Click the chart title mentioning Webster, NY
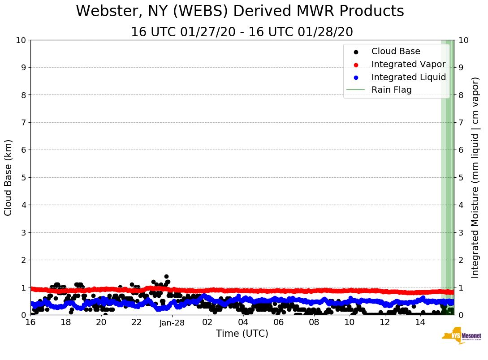coord(240,12)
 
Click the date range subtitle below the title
coord(242,32)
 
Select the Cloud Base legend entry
coord(395,51)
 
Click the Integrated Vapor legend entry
coord(408,64)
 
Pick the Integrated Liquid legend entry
coord(408,77)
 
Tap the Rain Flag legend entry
coord(391,90)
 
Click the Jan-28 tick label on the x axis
coord(172,322)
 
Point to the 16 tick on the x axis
coord(30,322)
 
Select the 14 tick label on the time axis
coord(420,322)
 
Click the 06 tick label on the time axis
coord(278,322)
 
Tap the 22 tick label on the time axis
coord(137,322)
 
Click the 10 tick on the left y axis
coord(21,40)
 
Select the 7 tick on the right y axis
coord(462,123)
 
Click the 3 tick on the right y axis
coord(462,232)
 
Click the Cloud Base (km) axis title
coord(9,177)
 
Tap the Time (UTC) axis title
coord(242,334)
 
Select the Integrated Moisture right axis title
coord(475,177)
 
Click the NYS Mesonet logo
coord(462,337)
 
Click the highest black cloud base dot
coord(166,277)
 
